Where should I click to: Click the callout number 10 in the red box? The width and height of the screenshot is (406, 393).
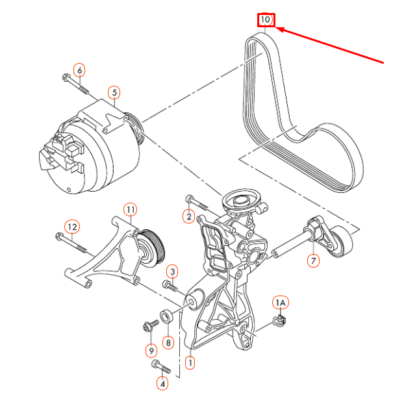266,20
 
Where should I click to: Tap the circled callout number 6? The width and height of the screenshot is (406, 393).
79,70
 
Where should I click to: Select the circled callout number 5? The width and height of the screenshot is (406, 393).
114,92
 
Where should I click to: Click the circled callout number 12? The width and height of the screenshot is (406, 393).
72,227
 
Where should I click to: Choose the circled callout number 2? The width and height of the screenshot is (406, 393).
189,216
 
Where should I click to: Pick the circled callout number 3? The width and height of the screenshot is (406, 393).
171,270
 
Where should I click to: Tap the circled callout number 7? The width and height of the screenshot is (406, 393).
314,261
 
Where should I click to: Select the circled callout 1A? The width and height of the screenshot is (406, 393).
280,302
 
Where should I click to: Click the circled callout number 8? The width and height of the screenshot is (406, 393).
168,342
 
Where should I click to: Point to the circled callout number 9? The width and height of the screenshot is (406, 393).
151,351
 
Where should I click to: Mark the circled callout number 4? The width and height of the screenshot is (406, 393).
162,383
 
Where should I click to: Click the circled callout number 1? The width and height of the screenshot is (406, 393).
190,362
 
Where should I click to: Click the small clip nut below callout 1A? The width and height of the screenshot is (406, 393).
281,318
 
